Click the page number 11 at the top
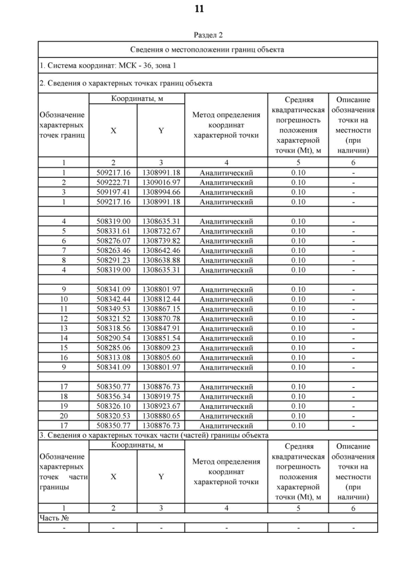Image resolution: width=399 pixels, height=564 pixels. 199,9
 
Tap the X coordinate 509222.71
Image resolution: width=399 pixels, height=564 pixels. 113,183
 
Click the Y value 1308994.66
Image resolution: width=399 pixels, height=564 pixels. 161,192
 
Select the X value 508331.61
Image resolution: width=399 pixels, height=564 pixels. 113,231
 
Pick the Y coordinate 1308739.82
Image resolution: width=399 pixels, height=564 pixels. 161,241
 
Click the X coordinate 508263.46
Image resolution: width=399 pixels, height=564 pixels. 113,251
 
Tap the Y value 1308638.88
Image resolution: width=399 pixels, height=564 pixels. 161,260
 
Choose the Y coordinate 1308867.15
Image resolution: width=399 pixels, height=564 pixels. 161,309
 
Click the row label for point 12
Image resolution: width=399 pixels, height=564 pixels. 64,318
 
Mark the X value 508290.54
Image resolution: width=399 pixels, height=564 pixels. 113,338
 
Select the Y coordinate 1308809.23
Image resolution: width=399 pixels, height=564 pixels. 161,348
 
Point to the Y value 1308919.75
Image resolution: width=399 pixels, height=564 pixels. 161,396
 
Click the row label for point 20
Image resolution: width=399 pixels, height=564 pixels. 64,416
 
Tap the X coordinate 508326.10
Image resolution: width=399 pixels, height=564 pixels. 113,406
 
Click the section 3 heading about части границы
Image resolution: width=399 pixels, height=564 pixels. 154,434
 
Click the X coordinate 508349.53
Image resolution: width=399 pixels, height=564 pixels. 113,309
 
